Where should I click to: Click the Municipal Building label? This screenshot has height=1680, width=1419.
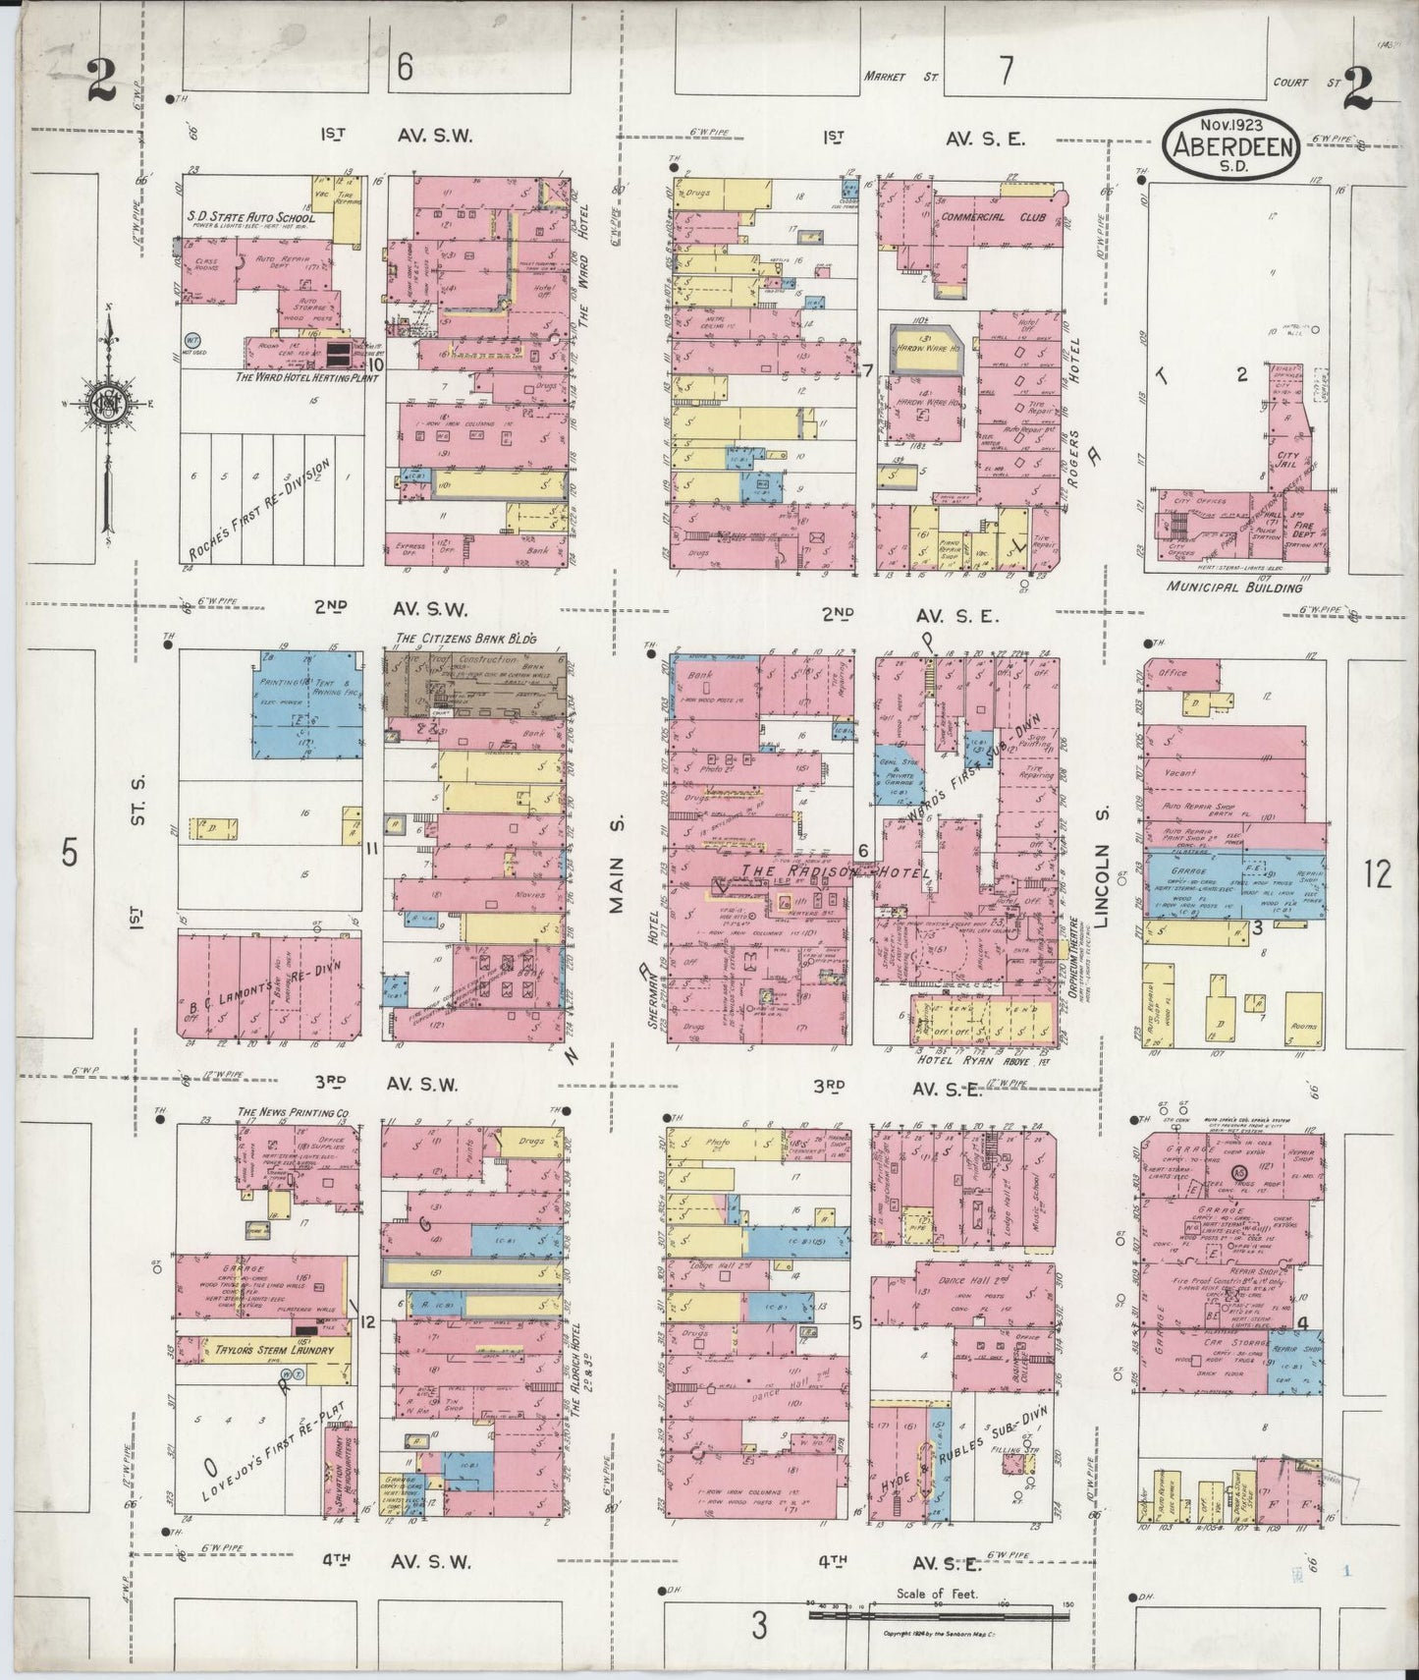point(1235,588)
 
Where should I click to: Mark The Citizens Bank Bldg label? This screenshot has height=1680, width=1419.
point(465,639)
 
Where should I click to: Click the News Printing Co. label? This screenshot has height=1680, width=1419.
point(294,1113)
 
